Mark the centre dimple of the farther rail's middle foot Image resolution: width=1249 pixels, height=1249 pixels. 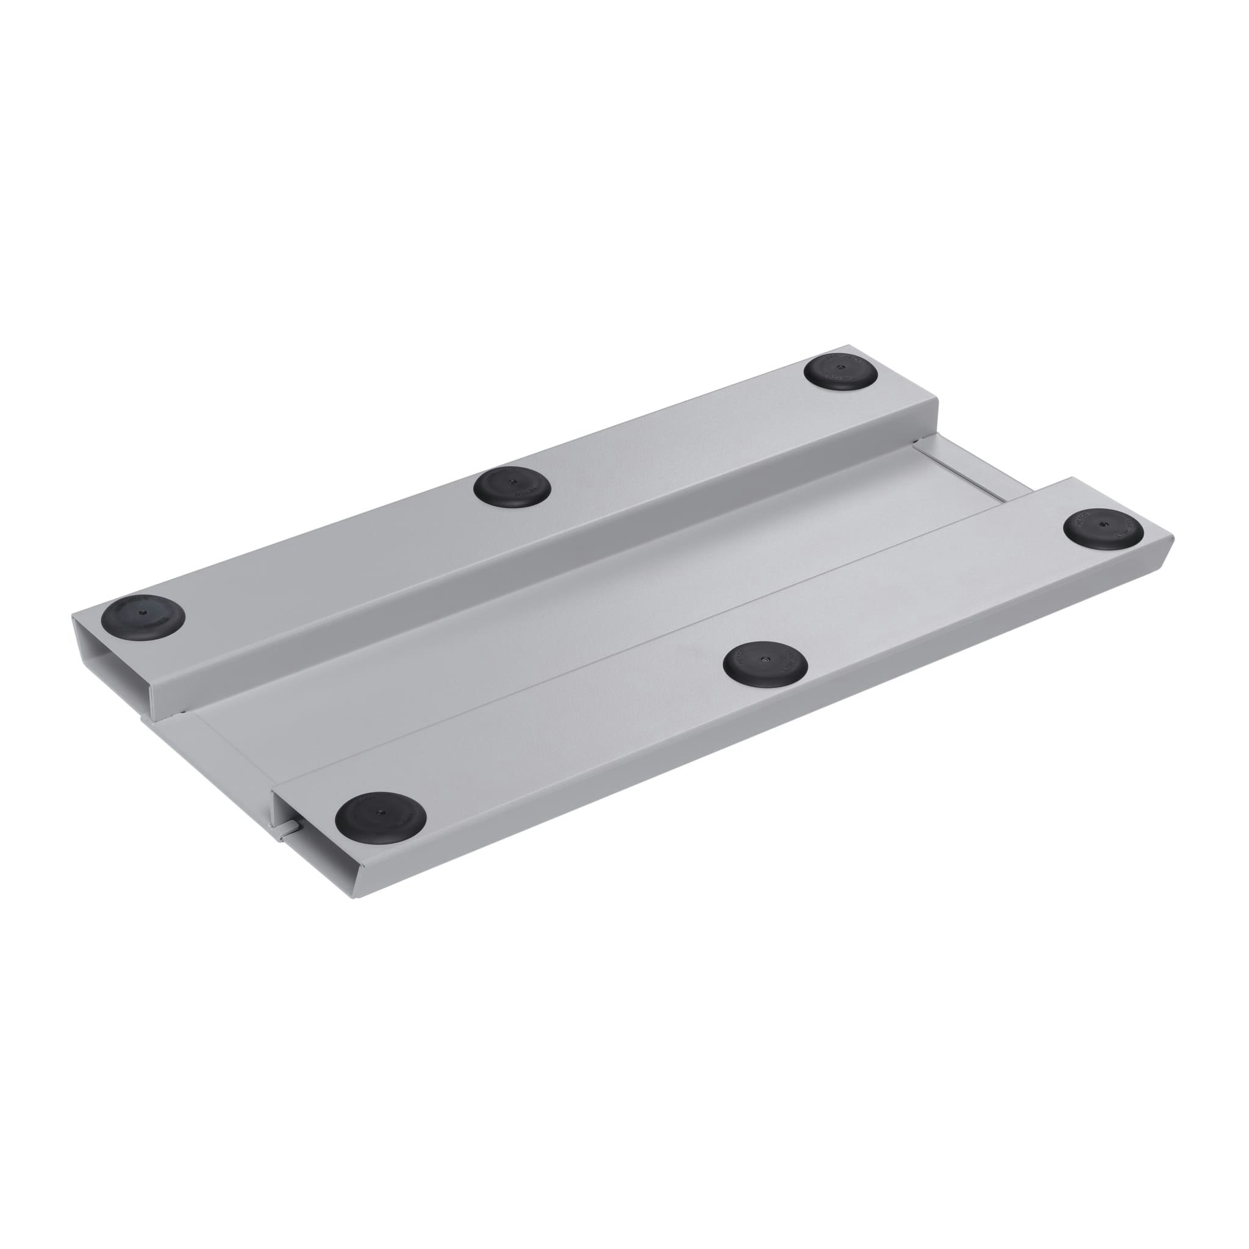point(510,482)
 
